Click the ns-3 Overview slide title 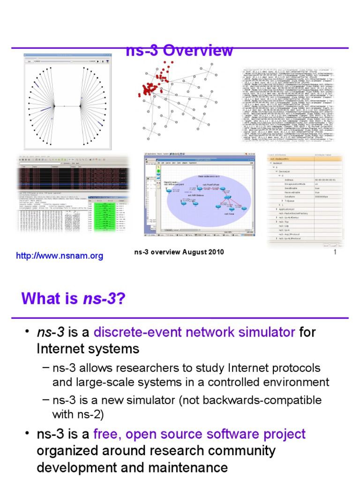click(180, 51)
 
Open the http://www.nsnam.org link click(60, 256)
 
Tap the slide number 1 click(335, 253)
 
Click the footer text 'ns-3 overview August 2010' click(179, 252)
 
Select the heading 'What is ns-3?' click(73, 298)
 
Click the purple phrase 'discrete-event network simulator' click(194, 332)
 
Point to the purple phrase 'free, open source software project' click(199, 434)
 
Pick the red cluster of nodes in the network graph click(155, 84)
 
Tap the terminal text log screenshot click(287, 105)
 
